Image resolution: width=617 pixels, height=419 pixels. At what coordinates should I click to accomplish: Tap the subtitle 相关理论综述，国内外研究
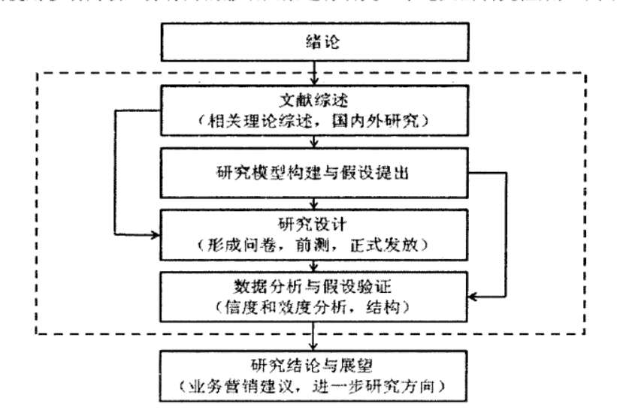316,122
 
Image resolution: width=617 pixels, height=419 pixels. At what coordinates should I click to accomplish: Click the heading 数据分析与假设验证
316,286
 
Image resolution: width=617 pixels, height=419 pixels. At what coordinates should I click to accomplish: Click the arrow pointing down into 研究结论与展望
316,335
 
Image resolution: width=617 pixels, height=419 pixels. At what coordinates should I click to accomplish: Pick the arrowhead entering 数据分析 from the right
476,297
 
